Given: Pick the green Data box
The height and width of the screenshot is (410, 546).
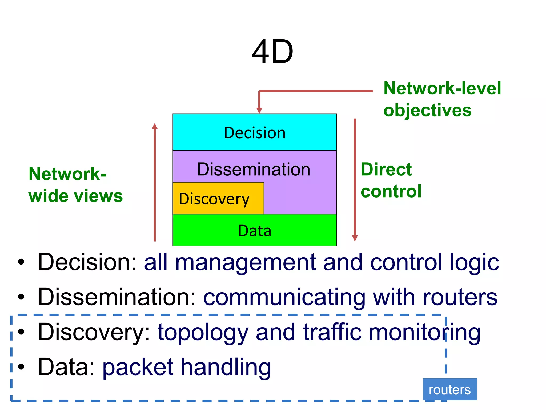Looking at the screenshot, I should tap(255, 230).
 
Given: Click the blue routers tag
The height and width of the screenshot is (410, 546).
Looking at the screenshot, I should tap(450, 389).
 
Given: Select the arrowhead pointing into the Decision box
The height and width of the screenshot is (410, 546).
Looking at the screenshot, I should tap(259, 110).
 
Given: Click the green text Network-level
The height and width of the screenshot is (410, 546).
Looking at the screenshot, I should tap(442, 88).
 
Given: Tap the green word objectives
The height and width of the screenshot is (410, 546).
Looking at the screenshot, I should tap(427, 110).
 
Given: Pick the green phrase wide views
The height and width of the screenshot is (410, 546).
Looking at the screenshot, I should tap(75, 196).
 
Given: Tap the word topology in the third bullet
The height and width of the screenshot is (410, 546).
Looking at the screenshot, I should tap(203, 333).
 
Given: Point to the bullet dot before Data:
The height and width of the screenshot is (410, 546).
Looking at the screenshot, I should tap(21, 367).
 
